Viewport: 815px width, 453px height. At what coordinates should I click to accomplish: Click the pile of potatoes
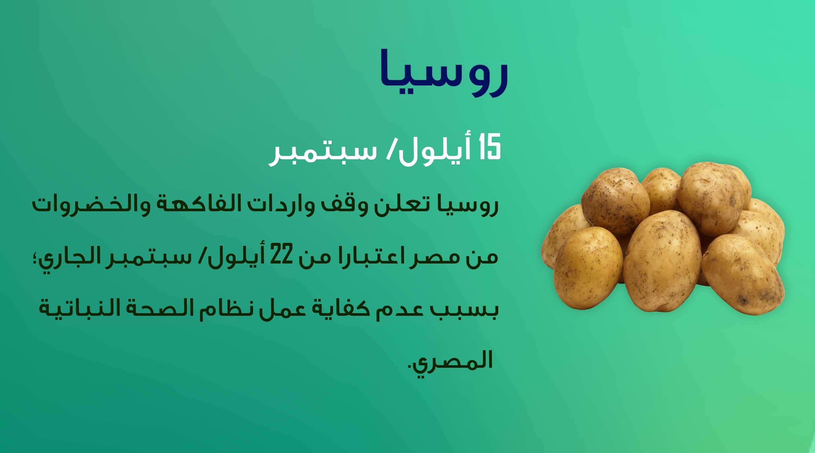coord(663,243)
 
